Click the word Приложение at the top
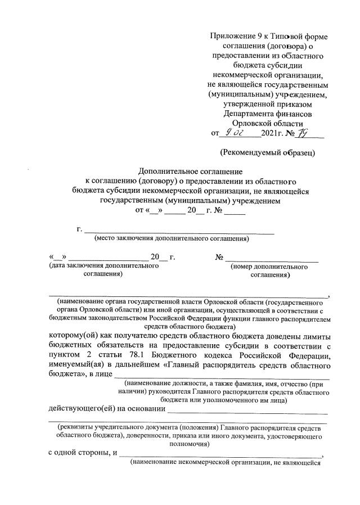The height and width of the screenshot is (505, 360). (x=231, y=36)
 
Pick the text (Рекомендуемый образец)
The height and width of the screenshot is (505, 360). (x=267, y=152)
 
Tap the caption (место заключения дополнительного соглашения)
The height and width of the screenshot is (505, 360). (x=171, y=238)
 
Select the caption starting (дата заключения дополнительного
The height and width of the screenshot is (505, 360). (x=104, y=266)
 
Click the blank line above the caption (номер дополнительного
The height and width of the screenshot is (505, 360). (x=272, y=259)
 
